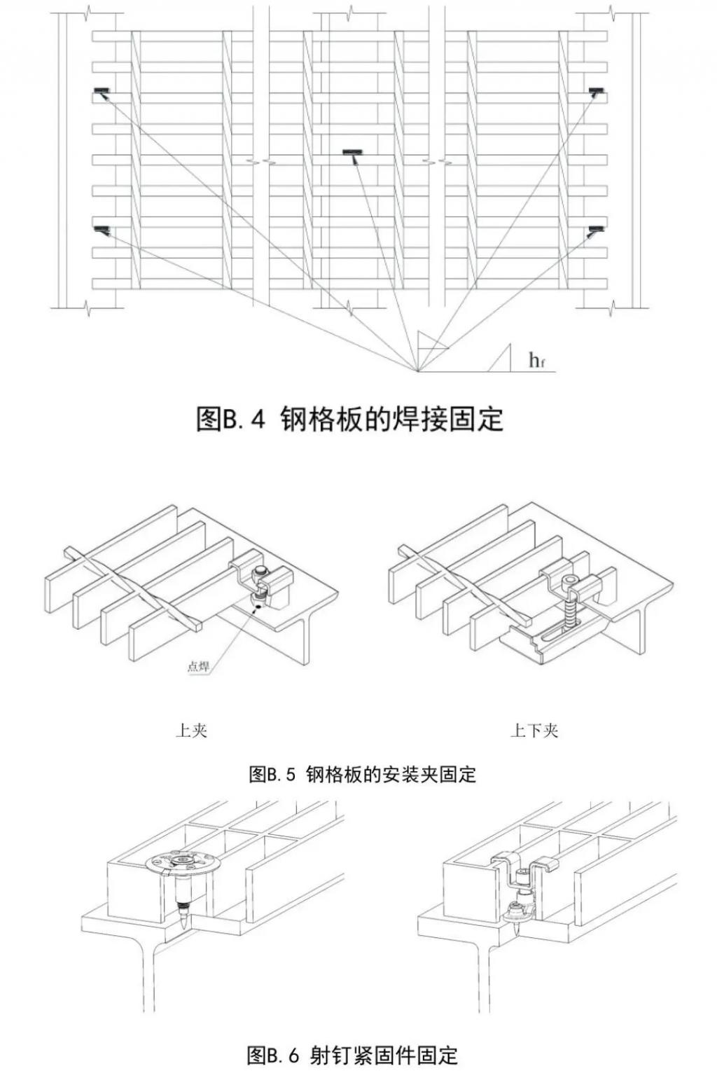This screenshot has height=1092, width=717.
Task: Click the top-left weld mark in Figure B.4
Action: click(102, 90)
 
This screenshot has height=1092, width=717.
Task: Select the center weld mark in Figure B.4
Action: click(352, 152)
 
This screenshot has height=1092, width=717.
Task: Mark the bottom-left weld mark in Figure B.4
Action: click(102, 229)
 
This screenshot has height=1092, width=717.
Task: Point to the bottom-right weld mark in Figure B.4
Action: click(596, 229)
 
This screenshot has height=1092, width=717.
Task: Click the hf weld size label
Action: click(536, 361)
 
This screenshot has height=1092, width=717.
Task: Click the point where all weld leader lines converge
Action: click(418, 371)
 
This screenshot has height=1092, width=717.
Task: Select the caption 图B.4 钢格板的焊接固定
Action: click(349, 420)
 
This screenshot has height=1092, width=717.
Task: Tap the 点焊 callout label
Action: click(198, 666)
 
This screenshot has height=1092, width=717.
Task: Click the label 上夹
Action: click(191, 731)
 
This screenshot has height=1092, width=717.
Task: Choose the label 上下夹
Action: click(534, 731)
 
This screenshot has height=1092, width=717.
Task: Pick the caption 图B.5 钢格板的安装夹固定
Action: click(362, 774)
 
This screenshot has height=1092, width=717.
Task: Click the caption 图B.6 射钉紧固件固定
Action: click(352, 1055)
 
